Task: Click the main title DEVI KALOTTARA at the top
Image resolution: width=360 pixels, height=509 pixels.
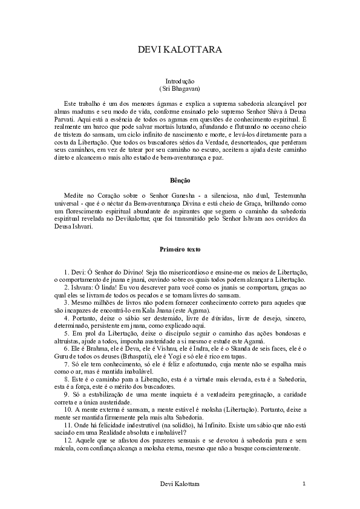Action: [x=180, y=50]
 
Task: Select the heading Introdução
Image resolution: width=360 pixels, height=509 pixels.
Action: [x=180, y=81]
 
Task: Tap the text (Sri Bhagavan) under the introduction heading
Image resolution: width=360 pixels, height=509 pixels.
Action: [x=180, y=88]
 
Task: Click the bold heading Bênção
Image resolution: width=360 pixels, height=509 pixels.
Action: [x=180, y=180]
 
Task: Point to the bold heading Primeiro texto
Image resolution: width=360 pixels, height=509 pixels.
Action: [x=180, y=249]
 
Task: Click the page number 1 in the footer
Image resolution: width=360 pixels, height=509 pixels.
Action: [x=304, y=484]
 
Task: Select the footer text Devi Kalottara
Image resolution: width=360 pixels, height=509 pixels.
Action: [x=180, y=484]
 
